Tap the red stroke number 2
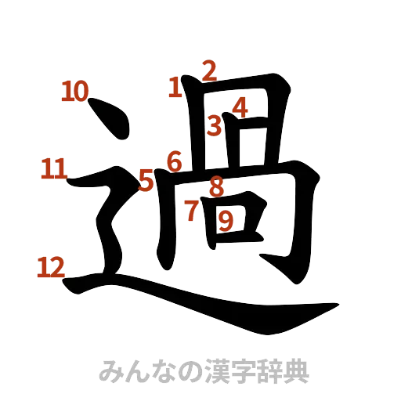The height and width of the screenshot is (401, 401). (x=208, y=71)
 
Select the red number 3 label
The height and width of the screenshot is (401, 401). (x=215, y=125)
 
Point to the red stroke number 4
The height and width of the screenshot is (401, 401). (x=240, y=107)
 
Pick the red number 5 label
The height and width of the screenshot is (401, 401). (x=146, y=181)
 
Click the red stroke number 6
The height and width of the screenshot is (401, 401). (x=175, y=162)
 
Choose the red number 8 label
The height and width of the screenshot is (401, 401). (x=218, y=186)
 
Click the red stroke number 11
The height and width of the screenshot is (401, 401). (x=54, y=168)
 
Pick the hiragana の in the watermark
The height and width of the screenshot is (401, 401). (x=185, y=370)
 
